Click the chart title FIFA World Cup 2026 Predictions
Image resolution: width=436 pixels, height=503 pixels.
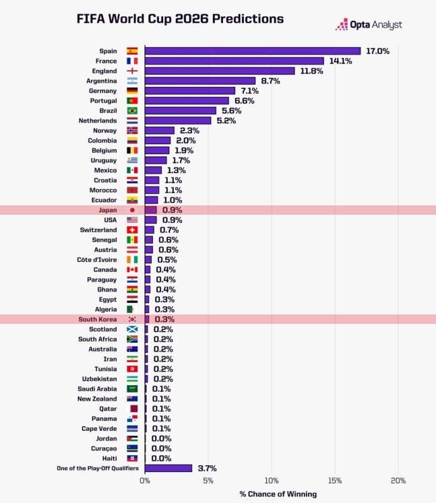180,18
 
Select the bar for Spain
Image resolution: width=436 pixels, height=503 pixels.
253,51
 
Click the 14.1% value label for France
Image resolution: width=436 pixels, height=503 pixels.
340,61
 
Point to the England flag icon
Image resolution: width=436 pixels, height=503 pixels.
132,71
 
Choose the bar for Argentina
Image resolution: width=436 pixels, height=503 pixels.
200,81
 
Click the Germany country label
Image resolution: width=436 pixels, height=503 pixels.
102,91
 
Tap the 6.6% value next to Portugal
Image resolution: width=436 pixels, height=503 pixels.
244,100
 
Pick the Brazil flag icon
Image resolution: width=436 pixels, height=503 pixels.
132,110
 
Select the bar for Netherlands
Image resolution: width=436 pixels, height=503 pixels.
178,121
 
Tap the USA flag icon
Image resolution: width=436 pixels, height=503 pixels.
132,220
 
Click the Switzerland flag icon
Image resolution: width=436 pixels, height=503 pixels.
132,230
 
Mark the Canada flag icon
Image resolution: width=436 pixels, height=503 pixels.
132,269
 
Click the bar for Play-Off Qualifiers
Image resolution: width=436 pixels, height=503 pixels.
168,468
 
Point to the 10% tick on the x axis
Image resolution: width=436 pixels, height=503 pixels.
272,481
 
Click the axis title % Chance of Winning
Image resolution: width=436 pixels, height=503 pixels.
278,494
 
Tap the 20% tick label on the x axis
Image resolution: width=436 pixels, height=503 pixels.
398,481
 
